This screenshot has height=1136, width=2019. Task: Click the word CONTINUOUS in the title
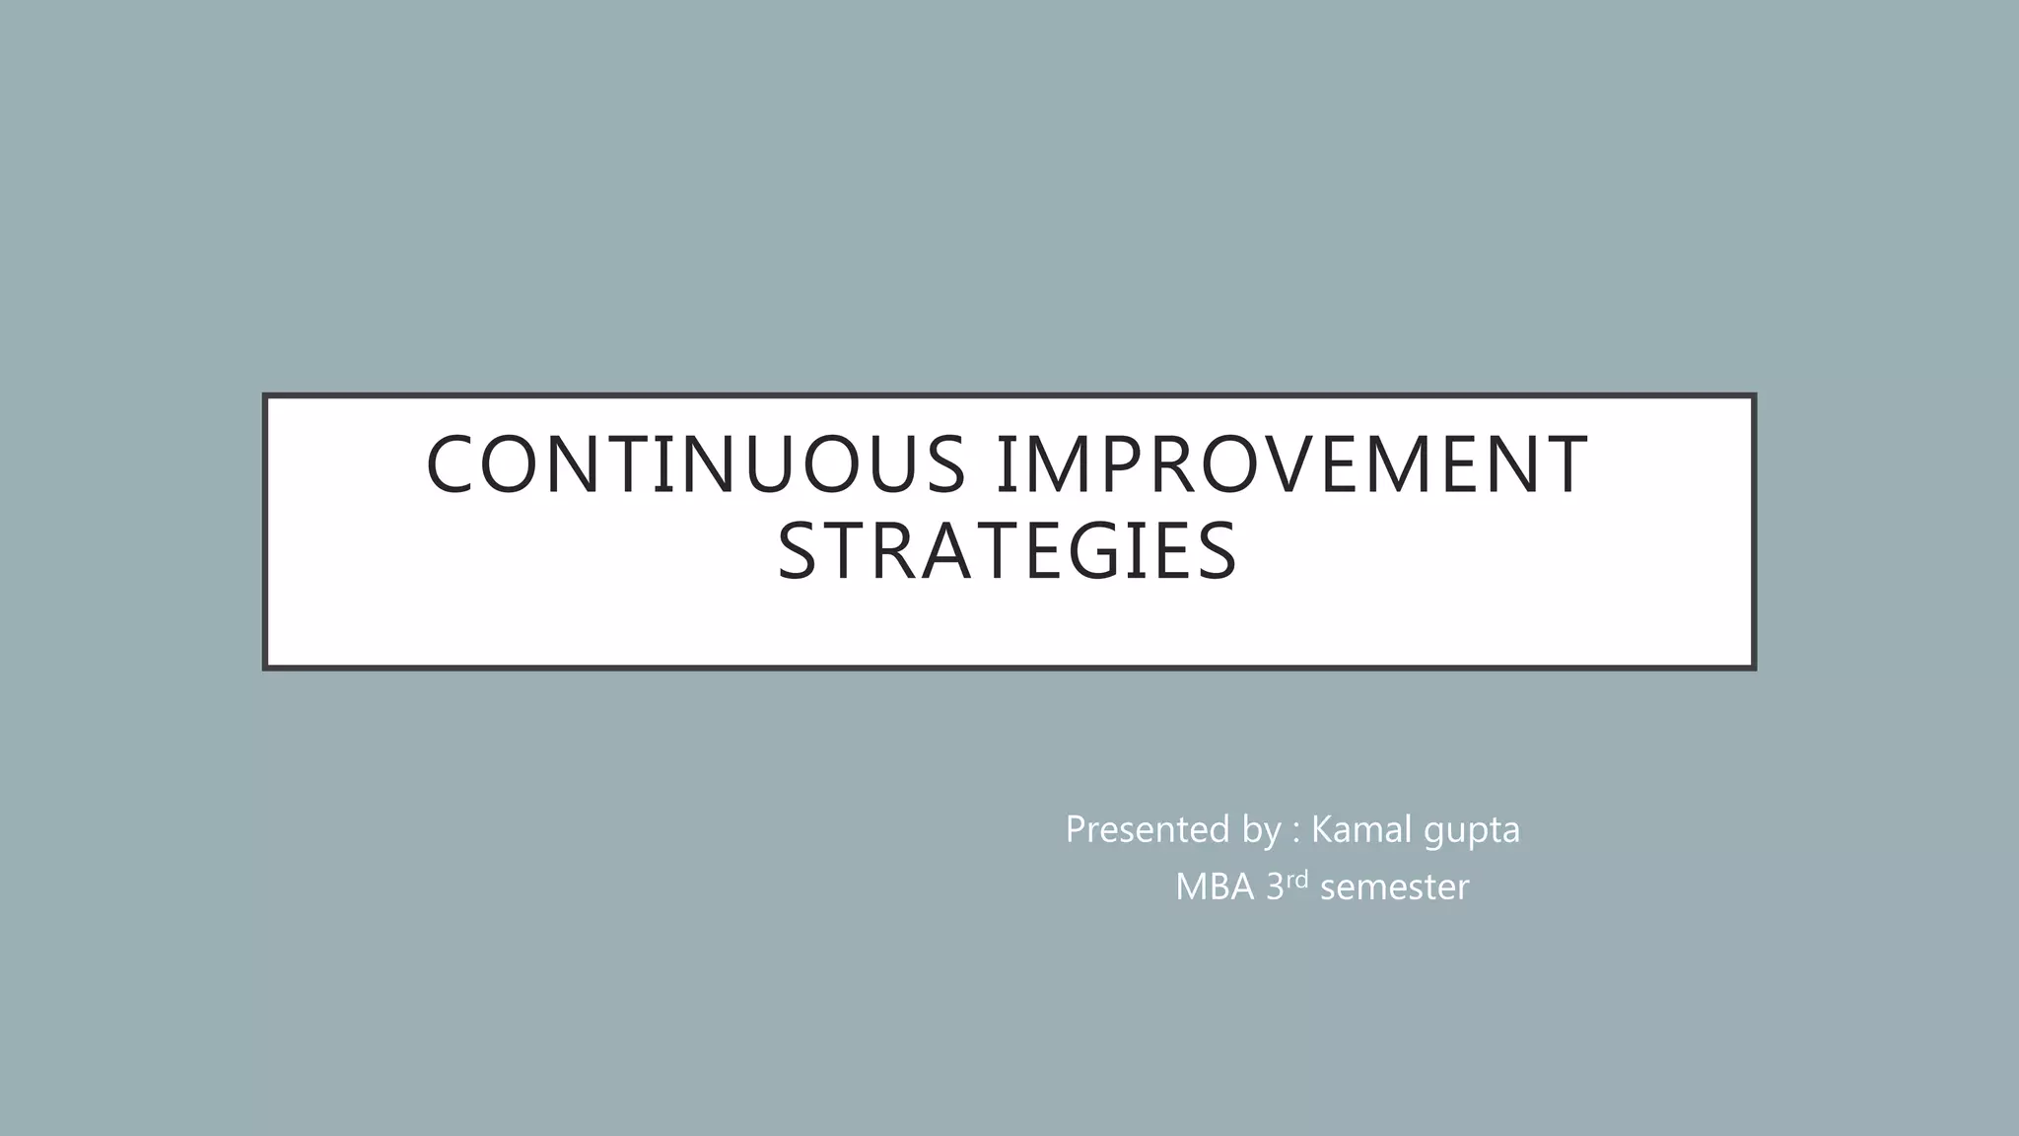(695, 464)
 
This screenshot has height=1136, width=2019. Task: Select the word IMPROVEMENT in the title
(1291, 464)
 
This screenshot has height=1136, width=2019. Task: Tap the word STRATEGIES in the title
(1007, 551)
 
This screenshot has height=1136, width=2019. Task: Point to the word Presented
(1147, 829)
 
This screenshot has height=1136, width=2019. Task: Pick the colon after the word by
(1296, 831)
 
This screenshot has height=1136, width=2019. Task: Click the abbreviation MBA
(1215, 887)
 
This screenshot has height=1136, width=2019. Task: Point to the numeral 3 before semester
(1275, 887)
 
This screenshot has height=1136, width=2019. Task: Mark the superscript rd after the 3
(1296, 880)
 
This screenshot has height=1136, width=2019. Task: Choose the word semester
(1394, 887)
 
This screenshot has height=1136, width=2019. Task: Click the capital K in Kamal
(1322, 829)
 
